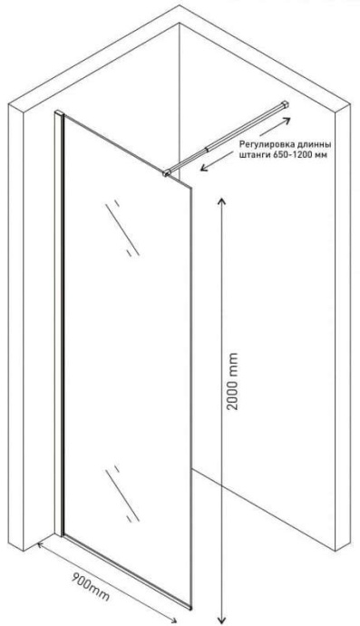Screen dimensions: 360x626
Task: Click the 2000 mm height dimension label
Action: [232, 381]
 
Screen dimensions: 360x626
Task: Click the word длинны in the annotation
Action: [316, 143]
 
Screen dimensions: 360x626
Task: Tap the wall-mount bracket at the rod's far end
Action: [285, 104]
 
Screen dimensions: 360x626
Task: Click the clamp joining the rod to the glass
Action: [167, 172]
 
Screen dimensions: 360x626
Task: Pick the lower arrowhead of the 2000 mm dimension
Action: [221, 619]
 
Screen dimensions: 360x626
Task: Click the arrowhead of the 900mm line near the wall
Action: [41, 545]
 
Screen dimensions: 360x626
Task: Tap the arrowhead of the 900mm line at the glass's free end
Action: [172, 620]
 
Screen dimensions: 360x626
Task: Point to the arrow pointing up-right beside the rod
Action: [275, 127]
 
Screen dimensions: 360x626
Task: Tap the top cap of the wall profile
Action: [59, 112]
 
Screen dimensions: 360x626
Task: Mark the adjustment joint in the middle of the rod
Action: [207, 150]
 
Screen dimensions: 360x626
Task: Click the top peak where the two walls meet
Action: [180, 5]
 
